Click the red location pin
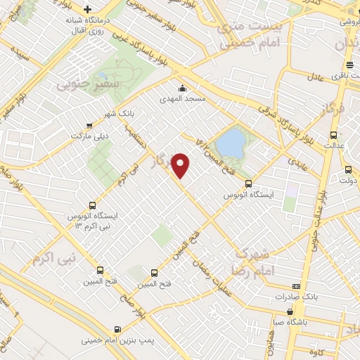[x=181, y=165]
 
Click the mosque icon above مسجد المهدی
[x=182, y=89]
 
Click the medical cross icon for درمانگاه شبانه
[x=87, y=10]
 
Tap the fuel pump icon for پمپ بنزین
[x=117, y=328]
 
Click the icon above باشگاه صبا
[x=289, y=311]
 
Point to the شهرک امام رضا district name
[x=250, y=261]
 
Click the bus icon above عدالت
[x=334, y=136]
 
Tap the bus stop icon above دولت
[x=347, y=169]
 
